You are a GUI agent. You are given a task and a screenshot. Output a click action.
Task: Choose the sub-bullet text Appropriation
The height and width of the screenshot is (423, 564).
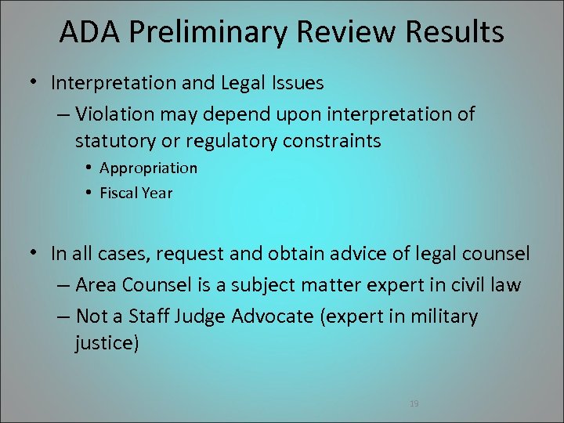click(149, 168)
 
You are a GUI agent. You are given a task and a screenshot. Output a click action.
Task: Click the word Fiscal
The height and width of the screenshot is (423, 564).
click(118, 193)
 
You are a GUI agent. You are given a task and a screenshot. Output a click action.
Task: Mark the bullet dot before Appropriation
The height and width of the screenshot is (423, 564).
click(90, 168)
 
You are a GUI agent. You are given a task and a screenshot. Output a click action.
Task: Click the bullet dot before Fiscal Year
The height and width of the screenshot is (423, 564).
click(90, 193)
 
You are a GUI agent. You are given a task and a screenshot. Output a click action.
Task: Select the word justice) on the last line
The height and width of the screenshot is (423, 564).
click(107, 343)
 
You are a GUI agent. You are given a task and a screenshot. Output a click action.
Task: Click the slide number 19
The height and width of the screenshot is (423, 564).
click(414, 403)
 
